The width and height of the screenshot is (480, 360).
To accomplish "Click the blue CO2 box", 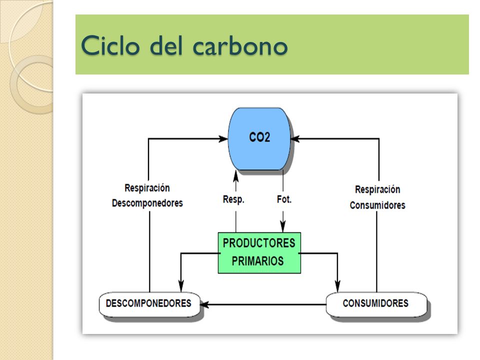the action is [259, 138].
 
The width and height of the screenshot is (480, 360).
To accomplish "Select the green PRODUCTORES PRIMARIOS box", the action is [259, 253].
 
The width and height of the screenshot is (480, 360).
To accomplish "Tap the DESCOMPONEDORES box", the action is [149, 304].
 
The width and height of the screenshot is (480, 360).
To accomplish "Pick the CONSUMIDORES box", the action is [376, 304].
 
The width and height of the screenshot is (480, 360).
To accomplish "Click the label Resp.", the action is [233, 199].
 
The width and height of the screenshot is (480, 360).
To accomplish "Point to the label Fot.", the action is [284, 199].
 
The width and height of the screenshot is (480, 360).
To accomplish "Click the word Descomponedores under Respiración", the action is [147, 203].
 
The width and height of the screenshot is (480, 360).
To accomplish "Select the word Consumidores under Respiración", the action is [377, 205].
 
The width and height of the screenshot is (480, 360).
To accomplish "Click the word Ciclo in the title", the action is [110, 45].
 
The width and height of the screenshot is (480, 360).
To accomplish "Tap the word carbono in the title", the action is [240, 46].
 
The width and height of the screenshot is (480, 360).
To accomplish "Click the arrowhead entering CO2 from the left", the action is [223, 138].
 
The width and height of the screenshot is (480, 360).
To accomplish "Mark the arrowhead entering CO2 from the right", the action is [295, 138].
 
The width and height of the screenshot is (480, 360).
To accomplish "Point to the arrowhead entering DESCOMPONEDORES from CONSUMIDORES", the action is [204, 304].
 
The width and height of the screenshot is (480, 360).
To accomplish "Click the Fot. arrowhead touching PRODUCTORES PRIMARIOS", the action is [283, 226].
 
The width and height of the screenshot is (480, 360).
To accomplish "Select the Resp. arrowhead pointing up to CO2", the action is [235, 176].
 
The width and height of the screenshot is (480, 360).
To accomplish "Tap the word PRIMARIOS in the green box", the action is [258, 261].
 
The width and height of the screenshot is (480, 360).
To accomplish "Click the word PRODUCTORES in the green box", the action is [259, 243].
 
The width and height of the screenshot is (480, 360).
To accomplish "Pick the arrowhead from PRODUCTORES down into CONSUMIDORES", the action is [337, 286].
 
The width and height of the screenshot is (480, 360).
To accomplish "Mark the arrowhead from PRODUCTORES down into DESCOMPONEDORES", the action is [181, 286].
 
